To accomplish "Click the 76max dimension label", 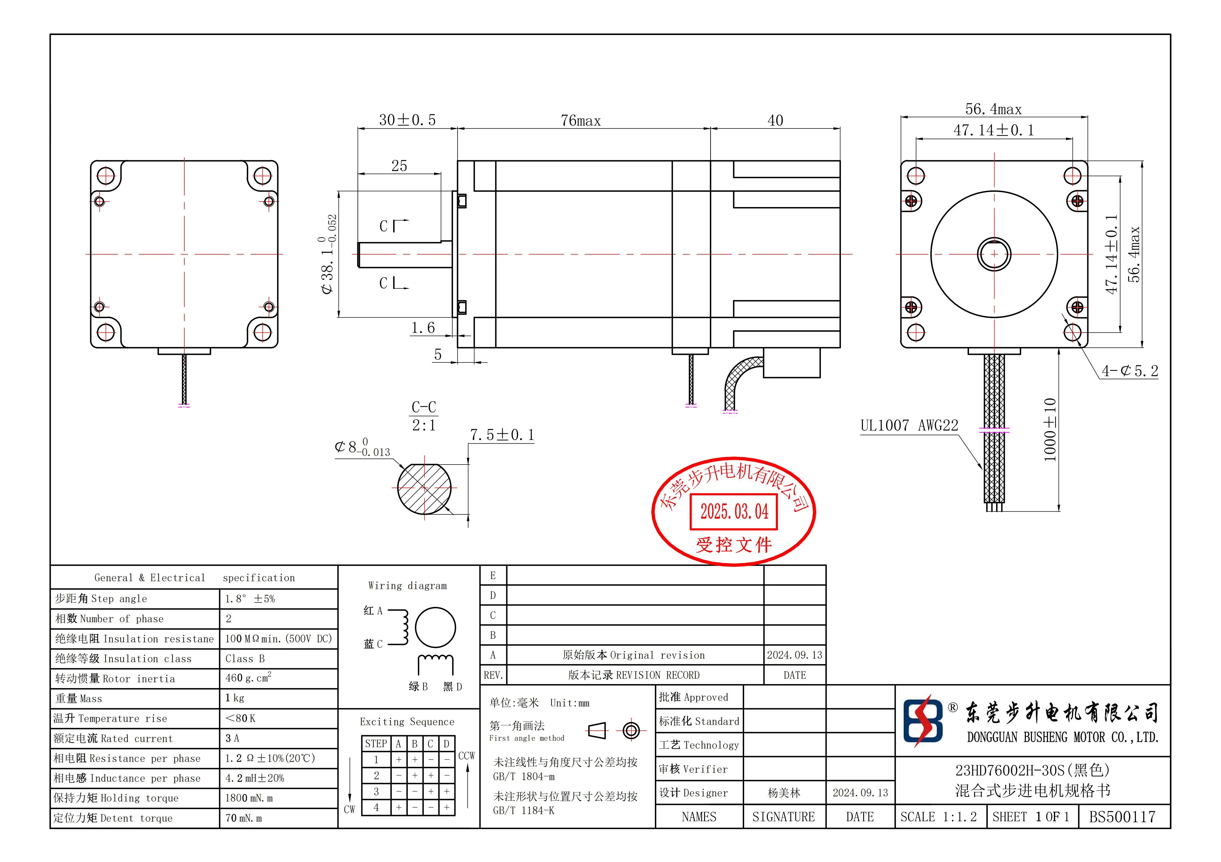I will [x=581, y=121].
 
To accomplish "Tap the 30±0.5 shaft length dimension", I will [x=407, y=120].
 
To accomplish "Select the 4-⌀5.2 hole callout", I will [x=1130, y=371].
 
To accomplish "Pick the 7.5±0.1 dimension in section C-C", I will [x=502, y=435].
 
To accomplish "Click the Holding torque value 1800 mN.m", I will [x=249, y=798].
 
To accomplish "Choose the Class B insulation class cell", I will [x=245, y=659].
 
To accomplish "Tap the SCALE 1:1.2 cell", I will [x=939, y=817].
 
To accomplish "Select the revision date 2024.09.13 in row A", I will [x=794, y=655].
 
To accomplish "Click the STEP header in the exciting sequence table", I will [x=376, y=744].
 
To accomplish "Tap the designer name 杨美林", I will [x=784, y=793].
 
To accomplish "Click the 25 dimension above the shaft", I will [x=399, y=166].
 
